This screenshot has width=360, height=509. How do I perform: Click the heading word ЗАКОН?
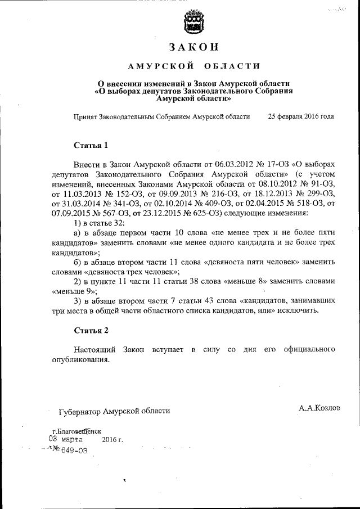coord(193,47)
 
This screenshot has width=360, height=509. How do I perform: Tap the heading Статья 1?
coord(91,145)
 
